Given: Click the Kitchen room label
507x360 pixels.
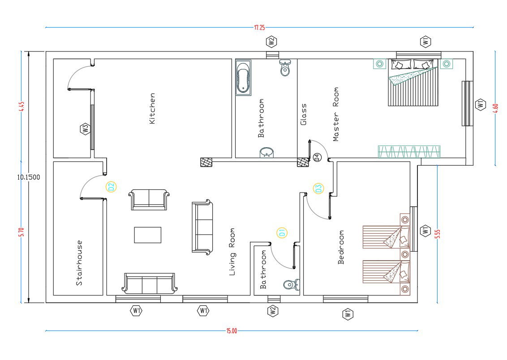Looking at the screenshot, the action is (152, 108).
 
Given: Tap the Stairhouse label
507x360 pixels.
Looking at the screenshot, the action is (79, 263).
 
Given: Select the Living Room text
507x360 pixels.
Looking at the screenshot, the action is (232, 252).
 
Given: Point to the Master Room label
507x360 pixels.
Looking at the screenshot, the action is (335, 114).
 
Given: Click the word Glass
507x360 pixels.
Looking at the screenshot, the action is (303, 114).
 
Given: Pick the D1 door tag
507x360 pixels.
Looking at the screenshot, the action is (282, 233).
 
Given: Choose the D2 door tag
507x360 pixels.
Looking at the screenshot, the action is (111, 187).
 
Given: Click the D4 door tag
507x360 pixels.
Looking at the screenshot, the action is (317, 158).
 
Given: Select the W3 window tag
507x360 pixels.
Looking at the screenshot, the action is (85, 129).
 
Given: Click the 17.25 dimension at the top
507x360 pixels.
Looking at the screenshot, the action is (259, 27).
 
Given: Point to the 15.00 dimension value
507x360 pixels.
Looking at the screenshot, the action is (232, 330).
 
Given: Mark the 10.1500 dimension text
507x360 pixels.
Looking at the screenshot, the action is (29, 177).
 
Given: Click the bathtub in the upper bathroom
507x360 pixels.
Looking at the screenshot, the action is (244, 77).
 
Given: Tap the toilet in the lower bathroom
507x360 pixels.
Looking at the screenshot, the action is (292, 285).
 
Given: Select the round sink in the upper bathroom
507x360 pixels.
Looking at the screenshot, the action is (266, 152).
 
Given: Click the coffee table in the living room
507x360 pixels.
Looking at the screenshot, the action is (148, 235).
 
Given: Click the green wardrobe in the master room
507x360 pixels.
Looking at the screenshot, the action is (409, 152).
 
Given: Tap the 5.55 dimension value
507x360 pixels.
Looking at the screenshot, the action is (438, 234).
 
